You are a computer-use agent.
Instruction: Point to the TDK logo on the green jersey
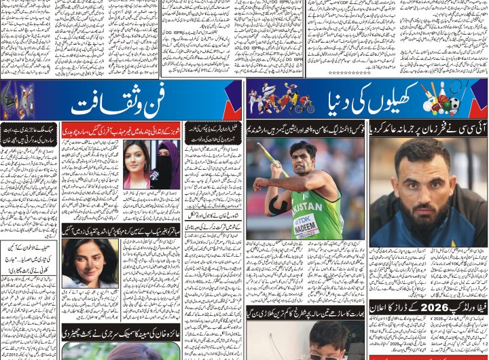point(302,219)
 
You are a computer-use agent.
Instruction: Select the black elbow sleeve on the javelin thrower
point(278,204)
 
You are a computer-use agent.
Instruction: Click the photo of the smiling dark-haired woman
point(90,262)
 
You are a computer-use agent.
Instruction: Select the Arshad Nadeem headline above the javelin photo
point(306,129)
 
